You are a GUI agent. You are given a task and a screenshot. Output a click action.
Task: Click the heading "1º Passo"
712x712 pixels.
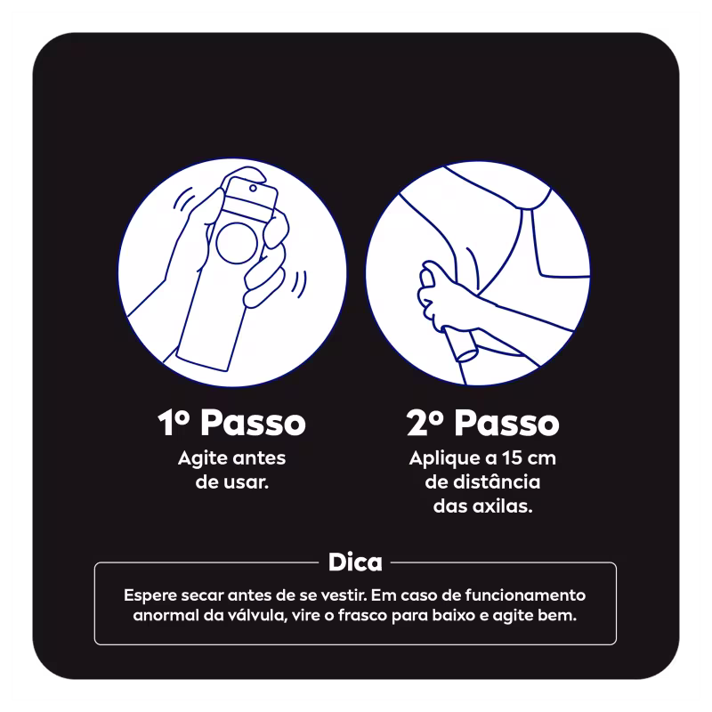pyautogui.click(x=231, y=423)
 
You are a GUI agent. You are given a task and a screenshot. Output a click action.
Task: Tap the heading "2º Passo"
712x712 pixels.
pyautogui.click(x=482, y=423)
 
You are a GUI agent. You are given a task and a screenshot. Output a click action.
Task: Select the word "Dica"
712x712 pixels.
pyautogui.click(x=355, y=562)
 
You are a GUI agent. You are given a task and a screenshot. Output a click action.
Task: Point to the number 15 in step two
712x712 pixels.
pyautogui.click(x=511, y=457)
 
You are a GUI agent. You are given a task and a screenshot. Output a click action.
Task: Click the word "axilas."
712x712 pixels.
pyautogui.click(x=504, y=506)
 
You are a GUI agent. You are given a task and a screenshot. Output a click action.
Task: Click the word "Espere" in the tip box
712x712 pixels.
pyautogui.click(x=150, y=595)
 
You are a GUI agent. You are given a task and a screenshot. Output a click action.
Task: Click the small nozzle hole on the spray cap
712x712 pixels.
pyautogui.click(x=253, y=188)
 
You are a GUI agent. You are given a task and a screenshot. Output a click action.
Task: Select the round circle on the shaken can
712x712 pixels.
pyautogui.click(x=236, y=242)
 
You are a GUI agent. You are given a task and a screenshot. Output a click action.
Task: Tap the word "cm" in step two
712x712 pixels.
pyautogui.click(x=541, y=458)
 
